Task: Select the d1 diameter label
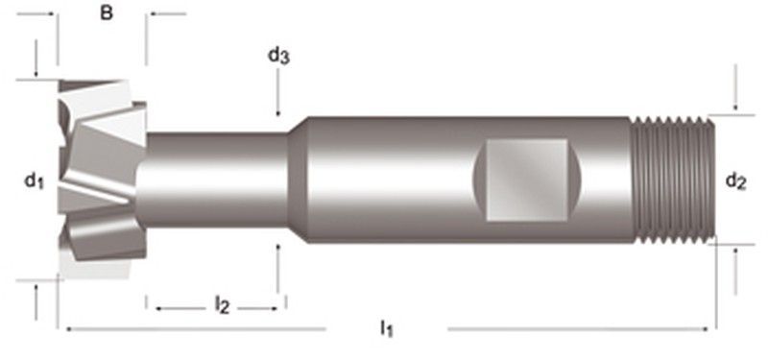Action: click(x=35, y=180)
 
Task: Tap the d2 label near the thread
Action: click(x=735, y=180)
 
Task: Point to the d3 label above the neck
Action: click(x=278, y=57)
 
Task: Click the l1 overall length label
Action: click(x=386, y=329)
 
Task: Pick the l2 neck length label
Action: click(x=221, y=306)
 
